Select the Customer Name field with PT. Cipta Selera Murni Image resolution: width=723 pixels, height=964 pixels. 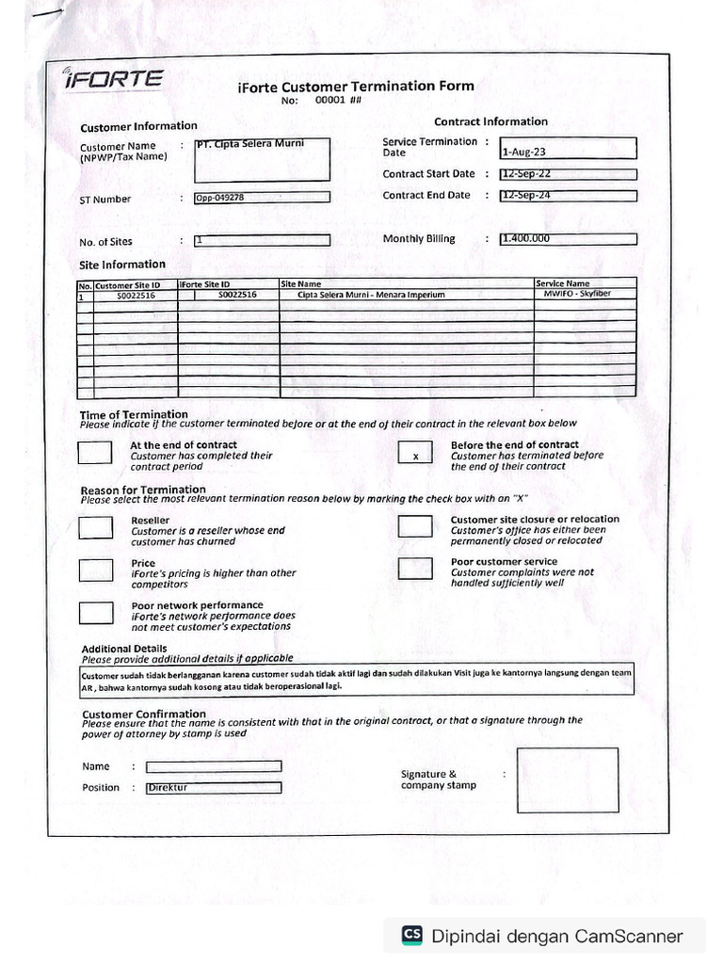tap(263, 159)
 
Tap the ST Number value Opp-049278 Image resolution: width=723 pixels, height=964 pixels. tap(263, 198)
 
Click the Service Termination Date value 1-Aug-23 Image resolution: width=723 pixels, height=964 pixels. tap(569, 149)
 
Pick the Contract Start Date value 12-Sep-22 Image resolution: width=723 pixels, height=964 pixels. tap(569, 174)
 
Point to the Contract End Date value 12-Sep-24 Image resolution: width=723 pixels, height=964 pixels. tap(569, 196)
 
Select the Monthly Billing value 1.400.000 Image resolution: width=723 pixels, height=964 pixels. tap(569, 239)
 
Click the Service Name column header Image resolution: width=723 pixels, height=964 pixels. tap(563, 283)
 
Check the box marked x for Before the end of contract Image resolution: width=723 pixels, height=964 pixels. tap(415, 454)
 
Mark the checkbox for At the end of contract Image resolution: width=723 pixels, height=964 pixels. tap(95, 453)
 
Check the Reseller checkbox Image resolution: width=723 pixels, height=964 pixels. tap(96, 527)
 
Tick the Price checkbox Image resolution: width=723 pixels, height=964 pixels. tap(96, 570)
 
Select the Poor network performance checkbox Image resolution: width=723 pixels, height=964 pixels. tap(96, 613)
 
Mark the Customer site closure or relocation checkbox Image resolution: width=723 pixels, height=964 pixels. tap(415, 526)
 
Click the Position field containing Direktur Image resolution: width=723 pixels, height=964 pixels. tap(214, 788)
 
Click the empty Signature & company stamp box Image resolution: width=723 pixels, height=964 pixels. tap(568, 779)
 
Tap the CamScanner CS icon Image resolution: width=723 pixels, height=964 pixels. tap(411, 935)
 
